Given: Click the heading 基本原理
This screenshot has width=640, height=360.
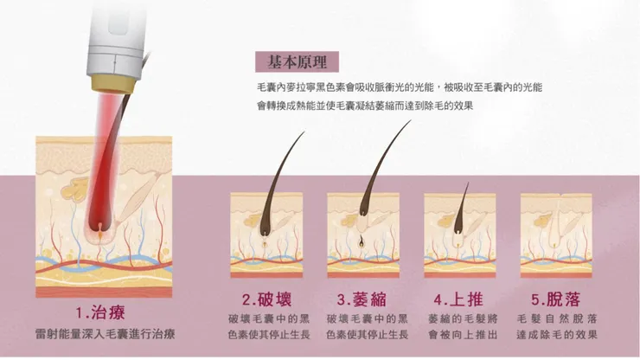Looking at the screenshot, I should (297, 61).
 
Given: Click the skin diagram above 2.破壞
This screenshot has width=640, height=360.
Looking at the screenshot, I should (266, 234).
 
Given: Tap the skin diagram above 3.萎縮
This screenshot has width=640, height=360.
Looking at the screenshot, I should (363, 234).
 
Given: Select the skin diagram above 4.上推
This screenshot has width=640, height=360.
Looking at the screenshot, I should (459, 234).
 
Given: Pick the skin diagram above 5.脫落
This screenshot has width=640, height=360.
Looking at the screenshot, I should (556, 234).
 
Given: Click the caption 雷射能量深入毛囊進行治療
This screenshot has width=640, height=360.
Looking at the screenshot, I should (105, 333).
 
